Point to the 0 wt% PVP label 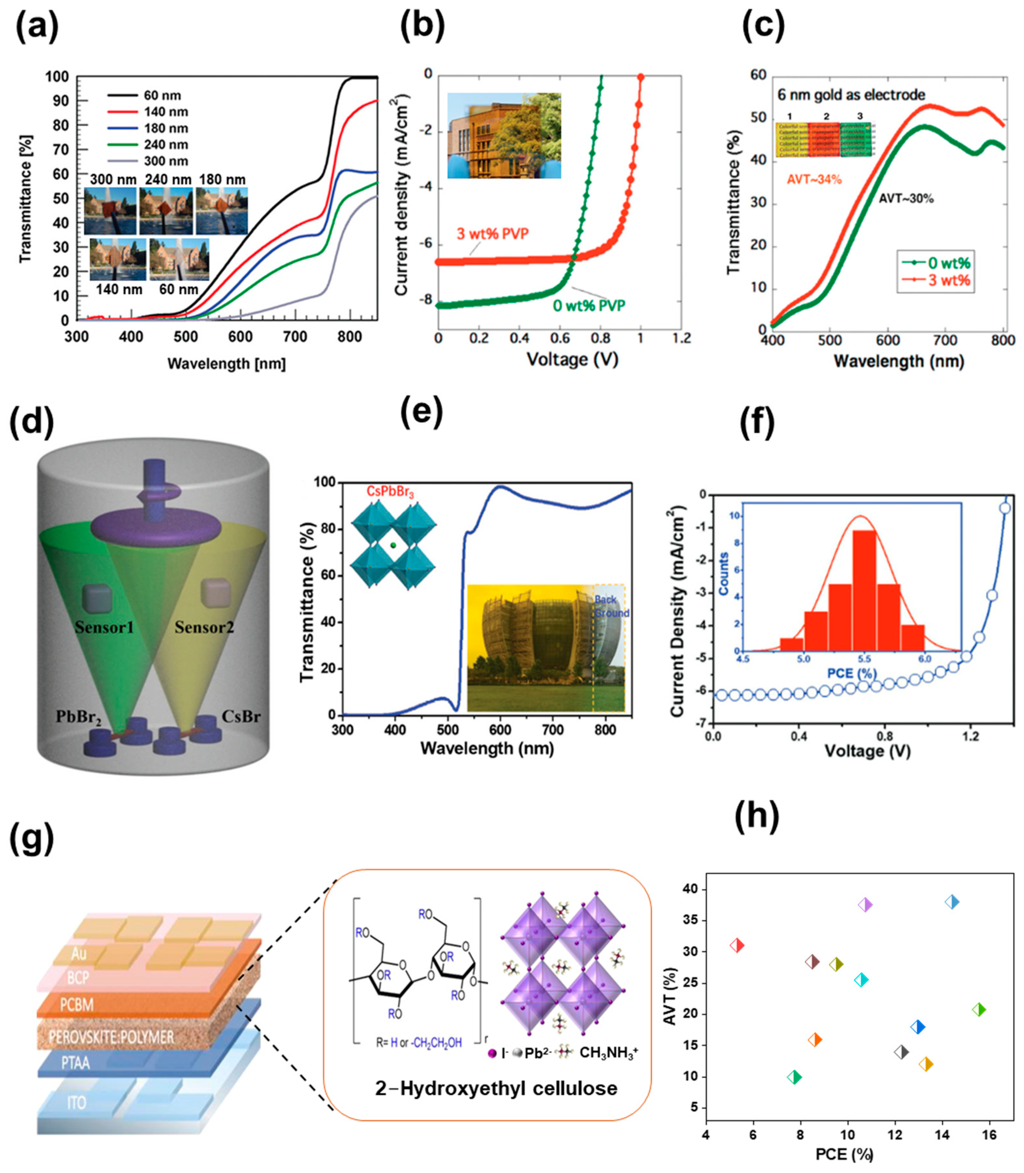pyautogui.click(x=589, y=306)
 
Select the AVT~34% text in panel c pyautogui.click(x=814, y=180)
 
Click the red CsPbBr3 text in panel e pyautogui.click(x=386, y=493)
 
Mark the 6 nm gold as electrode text pyautogui.click(x=851, y=95)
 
